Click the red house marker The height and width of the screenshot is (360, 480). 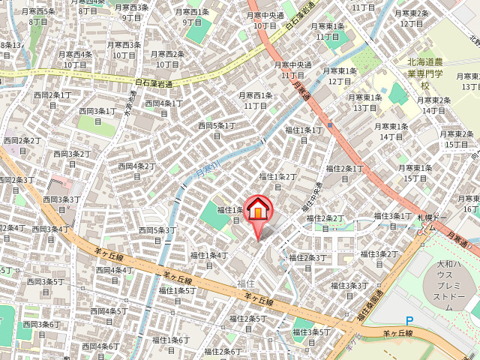(257, 209)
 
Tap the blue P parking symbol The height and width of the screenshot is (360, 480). (409, 320)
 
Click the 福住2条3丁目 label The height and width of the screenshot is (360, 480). (307, 262)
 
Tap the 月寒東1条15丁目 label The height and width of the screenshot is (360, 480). (414, 172)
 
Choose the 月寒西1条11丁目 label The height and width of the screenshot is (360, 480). (255, 100)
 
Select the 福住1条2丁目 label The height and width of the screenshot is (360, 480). (278, 181)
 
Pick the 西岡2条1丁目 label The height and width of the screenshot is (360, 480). (49, 99)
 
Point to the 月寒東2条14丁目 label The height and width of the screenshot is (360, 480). (434, 105)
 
